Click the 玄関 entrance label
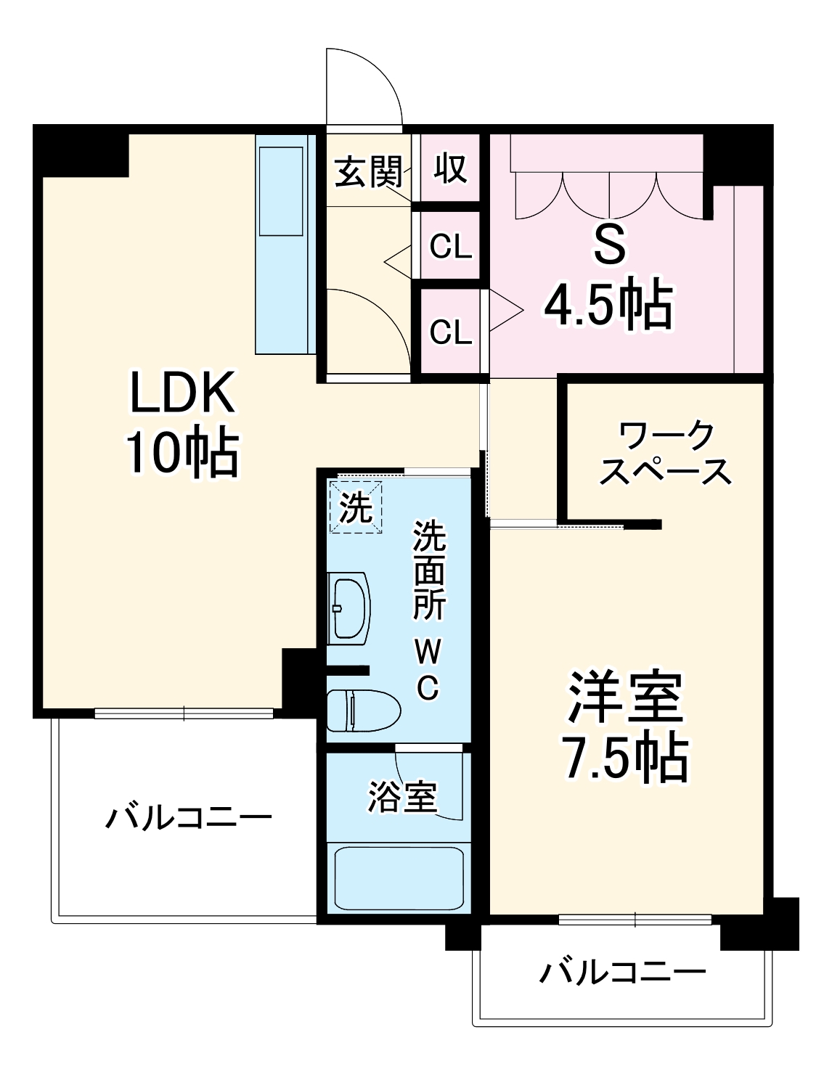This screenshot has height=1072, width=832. click(368, 173)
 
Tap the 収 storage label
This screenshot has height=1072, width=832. click(450, 169)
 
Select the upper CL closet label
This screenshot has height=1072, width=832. click(450, 247)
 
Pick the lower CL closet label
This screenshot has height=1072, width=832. click(450, 332)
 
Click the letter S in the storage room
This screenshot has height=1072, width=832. click(609, 247)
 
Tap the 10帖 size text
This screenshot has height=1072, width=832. click(182, 453)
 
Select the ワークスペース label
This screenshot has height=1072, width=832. click(666, 454)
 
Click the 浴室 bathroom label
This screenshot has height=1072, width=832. click(401, 797)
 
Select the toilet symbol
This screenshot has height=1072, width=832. click(362, 710)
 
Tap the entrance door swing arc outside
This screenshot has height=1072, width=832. click(363, 86)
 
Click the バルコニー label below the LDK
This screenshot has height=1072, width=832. click(189, 819)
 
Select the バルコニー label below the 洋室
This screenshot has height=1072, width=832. click(622, 971)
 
